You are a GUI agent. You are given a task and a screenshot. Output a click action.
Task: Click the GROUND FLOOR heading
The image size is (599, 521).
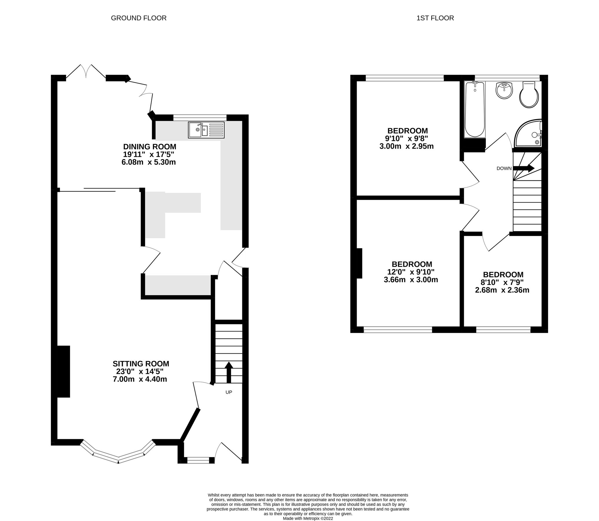pos(139,18)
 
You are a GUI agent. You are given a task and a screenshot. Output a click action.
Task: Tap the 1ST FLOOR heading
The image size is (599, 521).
pos(435,18)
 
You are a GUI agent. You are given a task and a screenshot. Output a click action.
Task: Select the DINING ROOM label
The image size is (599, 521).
pos(149,146)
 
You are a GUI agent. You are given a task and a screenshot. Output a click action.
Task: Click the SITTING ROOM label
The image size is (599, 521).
pos(141,364)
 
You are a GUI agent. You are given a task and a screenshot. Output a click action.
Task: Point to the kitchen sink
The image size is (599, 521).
pos(206,130)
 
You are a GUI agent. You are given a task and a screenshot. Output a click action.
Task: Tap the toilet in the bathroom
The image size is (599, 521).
pos(529,95)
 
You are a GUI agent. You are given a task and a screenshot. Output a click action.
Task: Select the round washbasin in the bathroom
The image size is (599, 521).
pos(504,90)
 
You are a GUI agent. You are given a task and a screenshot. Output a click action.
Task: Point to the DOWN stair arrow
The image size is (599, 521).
pos(524,168)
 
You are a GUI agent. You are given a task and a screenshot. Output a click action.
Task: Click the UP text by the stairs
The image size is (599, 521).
pos(229,392)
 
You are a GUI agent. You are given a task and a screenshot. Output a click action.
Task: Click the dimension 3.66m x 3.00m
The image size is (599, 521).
pos(411,280)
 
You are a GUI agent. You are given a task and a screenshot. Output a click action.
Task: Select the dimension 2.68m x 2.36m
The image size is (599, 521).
pos(502,290)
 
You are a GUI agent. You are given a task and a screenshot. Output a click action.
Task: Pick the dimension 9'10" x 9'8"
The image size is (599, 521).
pos(407,138)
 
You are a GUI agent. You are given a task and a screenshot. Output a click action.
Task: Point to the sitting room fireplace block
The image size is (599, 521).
pos(63,371)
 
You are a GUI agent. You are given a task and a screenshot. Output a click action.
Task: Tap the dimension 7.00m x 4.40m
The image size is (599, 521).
pos(140,379)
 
